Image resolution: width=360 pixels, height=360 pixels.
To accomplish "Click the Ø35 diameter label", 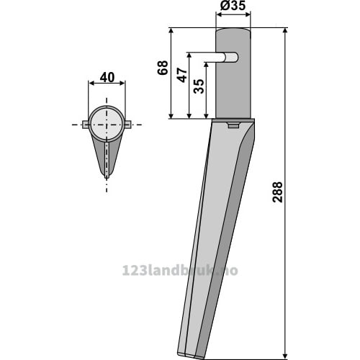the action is (233, 6).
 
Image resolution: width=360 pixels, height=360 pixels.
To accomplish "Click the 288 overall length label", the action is (278, 192).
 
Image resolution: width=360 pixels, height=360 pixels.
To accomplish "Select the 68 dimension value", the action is (163, 68).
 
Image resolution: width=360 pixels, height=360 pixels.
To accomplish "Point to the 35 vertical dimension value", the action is (199, 86).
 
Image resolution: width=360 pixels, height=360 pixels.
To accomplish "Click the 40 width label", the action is (107, 78).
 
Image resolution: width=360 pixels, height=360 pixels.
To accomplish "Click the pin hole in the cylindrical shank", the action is (231, 58).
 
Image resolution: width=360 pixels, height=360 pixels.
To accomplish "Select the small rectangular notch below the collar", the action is (233, 125).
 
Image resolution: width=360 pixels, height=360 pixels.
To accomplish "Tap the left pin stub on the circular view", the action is (86, 125).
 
